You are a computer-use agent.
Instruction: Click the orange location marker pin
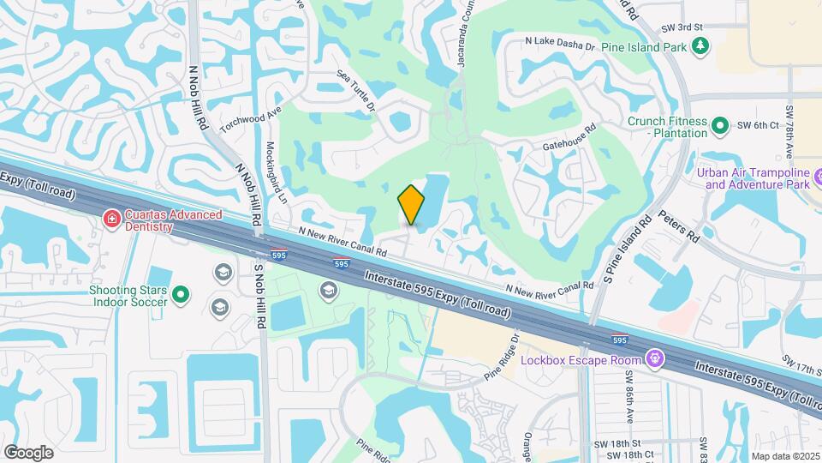(x=412, y=205)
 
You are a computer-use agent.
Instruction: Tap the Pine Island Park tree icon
(x=701, y=45)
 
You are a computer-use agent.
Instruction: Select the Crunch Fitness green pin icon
(x=720, y=127)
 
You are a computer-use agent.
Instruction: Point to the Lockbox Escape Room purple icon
(x=657, y=358)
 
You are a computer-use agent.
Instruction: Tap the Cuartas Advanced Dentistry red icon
(x=110, y=220)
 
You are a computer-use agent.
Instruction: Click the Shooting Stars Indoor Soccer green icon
(x=181, y=296)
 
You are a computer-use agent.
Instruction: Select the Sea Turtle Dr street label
(x=356, y=91)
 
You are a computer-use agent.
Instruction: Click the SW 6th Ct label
(x=761, y=125)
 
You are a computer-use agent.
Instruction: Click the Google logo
(x=29, y=452)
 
